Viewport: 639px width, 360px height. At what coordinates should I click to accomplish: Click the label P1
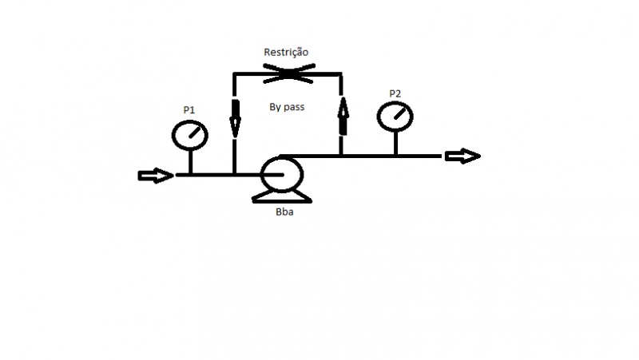tap(189, 110)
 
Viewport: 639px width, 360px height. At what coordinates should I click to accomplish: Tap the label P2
tap(395, 93)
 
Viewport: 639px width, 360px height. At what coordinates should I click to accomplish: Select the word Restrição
tap(286, 53)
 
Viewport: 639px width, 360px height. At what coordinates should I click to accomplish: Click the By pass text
tap(287, 107)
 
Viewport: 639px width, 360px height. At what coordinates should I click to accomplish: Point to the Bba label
tap(284, 212)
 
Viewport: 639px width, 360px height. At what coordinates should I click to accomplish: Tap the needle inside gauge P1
tap(194, 132)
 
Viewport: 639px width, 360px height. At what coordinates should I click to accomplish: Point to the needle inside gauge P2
tap(399, 113)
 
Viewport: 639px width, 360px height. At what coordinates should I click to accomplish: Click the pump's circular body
tap(262, 175)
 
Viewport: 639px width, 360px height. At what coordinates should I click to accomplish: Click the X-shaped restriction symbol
tap(289, 73)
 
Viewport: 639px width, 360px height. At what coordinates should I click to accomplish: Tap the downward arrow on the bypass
tap(235, 118)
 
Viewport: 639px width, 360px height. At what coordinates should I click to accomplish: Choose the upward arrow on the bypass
tap(343, 116)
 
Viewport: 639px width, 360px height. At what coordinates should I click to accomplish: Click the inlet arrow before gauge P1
tap(156, 176)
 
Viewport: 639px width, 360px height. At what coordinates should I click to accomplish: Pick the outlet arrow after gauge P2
tap(463, 156)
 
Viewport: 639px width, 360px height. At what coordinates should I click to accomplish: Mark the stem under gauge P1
tap(190, 162)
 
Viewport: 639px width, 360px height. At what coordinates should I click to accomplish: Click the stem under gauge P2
tap(395, 144)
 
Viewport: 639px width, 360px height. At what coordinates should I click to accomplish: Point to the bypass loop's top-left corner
tap(234, 74)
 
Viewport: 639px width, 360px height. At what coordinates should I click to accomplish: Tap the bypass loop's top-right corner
tap(341, 74)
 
